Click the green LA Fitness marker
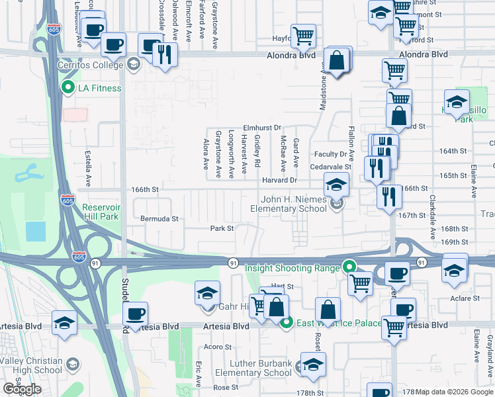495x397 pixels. click(x=67, y=87)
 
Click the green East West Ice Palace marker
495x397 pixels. click(x=287, y=323)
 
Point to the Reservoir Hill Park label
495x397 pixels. click(x=101, y=212)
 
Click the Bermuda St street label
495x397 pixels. click(x=159, y=218)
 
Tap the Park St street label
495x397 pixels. click(x=222, y=229)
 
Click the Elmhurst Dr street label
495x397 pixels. click(x=262, y=127)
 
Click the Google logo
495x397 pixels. click(x=22, y=389)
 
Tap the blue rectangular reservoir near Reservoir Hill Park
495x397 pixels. click(x=36, y=231)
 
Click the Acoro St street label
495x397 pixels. click(x=218, y=347)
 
